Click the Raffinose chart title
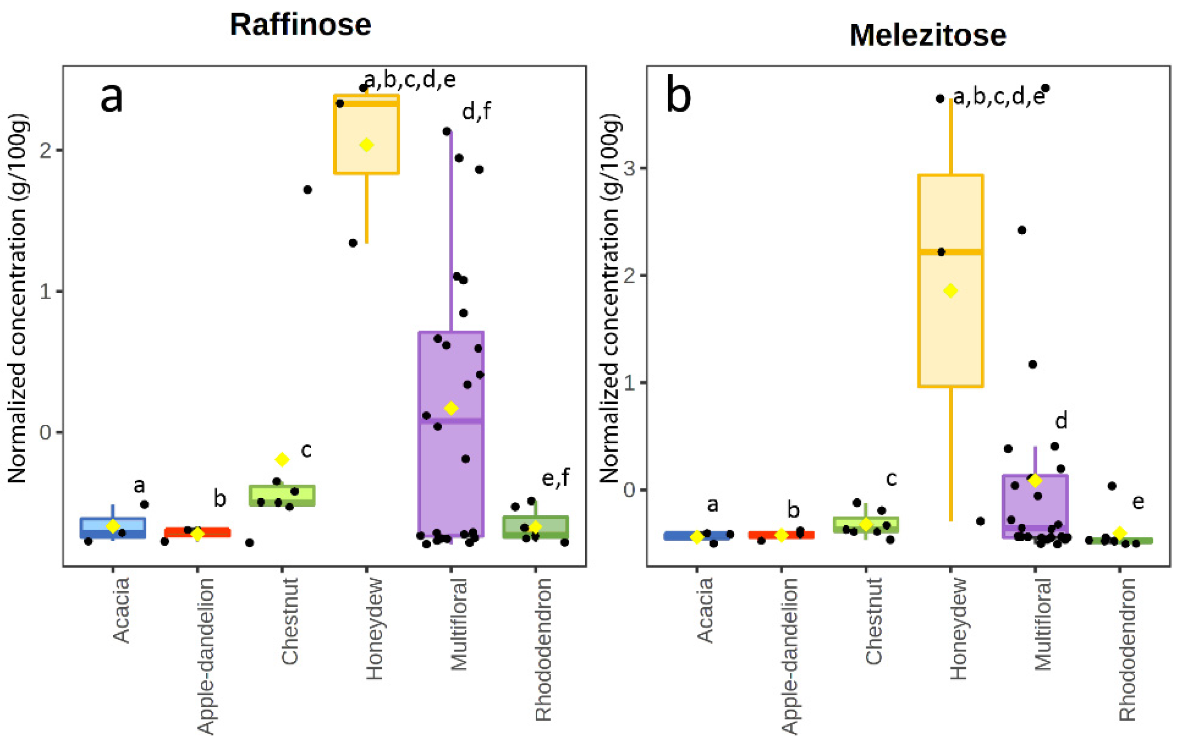pyautogui.click(x=300, y=25)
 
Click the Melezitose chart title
pyautogui.click(x=927, y=35)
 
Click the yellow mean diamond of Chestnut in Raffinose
pyautogui.click(x=282, y=459)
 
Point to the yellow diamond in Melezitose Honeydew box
pyautogui.click(x=951, y=291)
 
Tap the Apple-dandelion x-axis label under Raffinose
pyautogui.click(x=206, y=656)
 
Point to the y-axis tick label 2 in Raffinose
pyautogui.click(x=45, y=150)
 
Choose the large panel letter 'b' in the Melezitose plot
pyautogui.click(x=678, y=96)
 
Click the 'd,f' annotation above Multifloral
pyautogui.click(x=475, y=112)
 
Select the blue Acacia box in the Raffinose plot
pyautogui.click(x=113, y=528)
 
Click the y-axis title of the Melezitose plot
pyautogui.click(x=610, y=299)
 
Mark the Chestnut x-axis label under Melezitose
pyautogui.click(x=874, y=621)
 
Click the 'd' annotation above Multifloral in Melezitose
pyautogui.click(x=1061, y=421)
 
